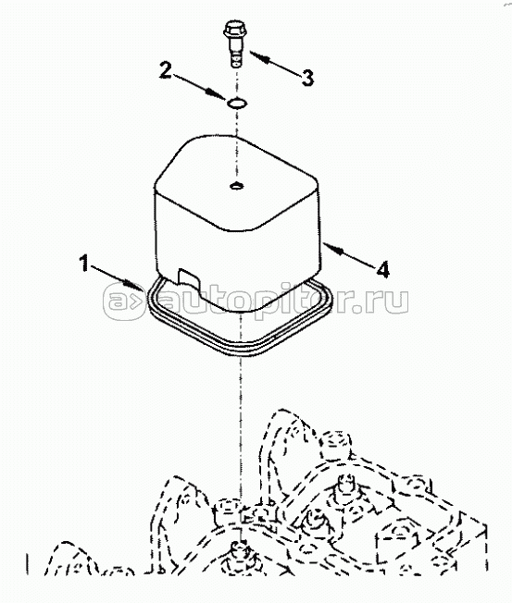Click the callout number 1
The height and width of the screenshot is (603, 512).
click(x=84, y=265)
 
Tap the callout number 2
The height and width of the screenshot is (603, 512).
click(x=166, y=71)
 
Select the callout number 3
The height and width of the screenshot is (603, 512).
click(x=307, y=78)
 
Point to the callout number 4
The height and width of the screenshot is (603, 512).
click(x=382, y=269)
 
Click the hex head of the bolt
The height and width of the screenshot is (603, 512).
click(x=232, y=30)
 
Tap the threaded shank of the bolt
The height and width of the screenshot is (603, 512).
click(x=235, y=54)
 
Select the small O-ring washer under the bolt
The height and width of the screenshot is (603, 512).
click(x=237, y=103)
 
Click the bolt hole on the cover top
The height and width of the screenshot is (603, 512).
click(x=236, y=186)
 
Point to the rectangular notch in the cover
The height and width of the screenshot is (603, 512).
click(x=188, y=279)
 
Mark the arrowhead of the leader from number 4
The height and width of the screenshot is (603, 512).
click(x=332, y=248)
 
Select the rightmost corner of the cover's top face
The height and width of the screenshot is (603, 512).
click(x=319, y=185)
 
